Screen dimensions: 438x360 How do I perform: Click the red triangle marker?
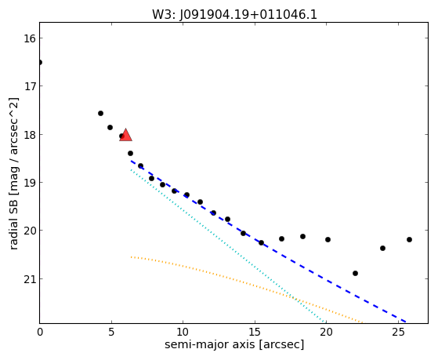coord(125,135)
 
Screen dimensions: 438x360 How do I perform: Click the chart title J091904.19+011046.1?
coord(248,15)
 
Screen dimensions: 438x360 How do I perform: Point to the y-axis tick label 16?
coord(30,38)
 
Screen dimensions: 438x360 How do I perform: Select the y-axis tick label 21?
coord(30,279)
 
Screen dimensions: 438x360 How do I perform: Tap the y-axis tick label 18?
coord(30,135)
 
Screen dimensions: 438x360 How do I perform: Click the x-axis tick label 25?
coord(398,333)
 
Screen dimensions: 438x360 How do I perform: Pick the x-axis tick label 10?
coord(183,333)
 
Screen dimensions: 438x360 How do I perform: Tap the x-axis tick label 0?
coord(40,333)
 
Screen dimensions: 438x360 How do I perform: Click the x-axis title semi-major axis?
coord(210,344)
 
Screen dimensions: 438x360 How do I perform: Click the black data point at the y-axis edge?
coord(40,62)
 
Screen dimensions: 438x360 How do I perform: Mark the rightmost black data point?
coord(409,239)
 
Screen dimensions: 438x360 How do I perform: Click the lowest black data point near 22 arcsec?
coord(355,273)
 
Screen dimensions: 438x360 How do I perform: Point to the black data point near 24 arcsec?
coord(382,248)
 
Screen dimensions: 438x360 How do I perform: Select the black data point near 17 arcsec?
coord(281,238)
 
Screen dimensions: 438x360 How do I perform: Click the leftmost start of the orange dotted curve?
coord(131,256)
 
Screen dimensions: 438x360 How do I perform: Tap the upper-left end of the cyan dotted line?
coord(131,169)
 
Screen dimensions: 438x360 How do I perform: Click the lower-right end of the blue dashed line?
coord(406,322)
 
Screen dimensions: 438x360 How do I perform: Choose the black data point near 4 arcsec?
coord(100,113)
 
